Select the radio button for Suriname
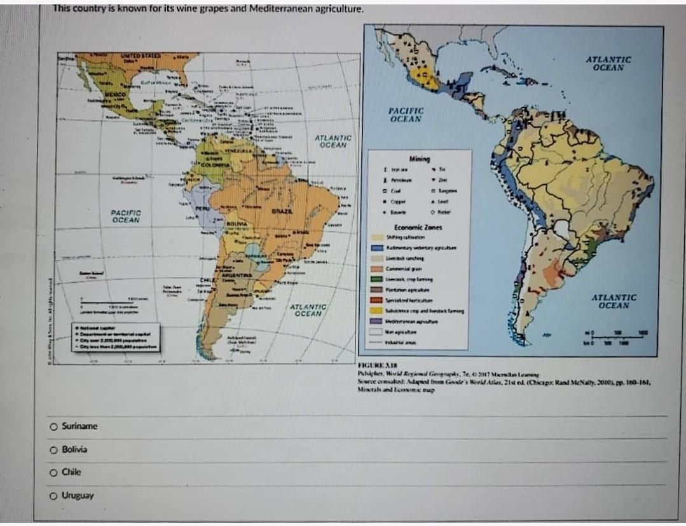tap(55, 426)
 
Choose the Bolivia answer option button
tap(55, 450)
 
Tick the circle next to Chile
tap(55, 473)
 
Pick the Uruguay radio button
tap(55, 496)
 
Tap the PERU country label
tap(202, 208)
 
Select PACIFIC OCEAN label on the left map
tap(126, 217)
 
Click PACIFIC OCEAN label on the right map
tap(406, 115)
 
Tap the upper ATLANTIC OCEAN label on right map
tap(608, 64)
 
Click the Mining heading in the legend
tap(420, 159)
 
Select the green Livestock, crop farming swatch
tap(376, 279)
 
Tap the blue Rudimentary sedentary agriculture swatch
tap(376, 248)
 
